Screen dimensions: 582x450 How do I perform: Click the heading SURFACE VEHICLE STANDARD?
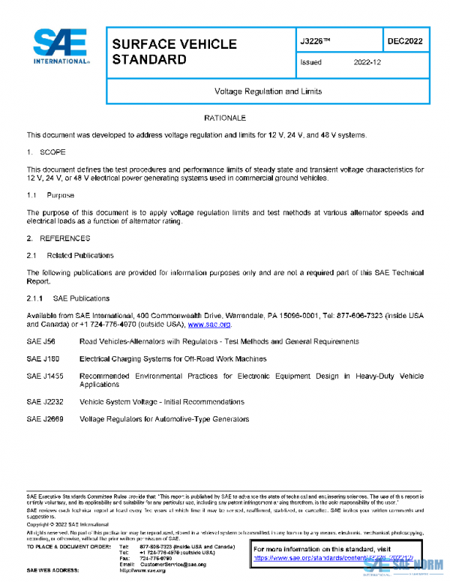pos(174,52)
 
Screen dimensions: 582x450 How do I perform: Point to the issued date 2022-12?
pos(367,63)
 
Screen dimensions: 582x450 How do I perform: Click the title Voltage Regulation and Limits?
pos(268,91)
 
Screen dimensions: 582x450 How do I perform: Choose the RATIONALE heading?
pos(225,118)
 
